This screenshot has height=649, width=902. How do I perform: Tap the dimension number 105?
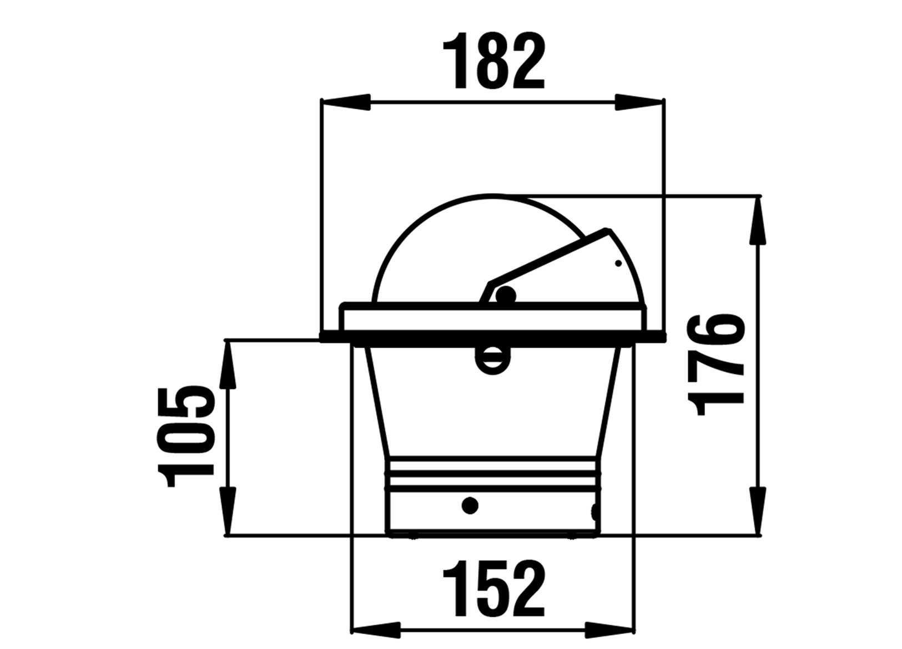pyautogui.click(x=186, y=438)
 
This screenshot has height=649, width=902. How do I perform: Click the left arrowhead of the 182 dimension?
pyautogui.click(x=345, y=102)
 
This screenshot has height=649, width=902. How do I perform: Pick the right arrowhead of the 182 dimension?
pyautogui.click(x=639, y=102)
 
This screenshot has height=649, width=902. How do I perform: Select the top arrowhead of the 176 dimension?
pyautogui.click(x=758, y=220)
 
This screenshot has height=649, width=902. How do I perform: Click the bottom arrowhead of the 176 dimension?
pyautogui.click(x=758, y=511)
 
